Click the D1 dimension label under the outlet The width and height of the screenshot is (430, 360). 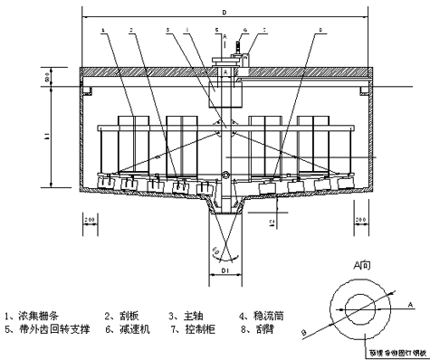pyautogui.click(x=220, y=270)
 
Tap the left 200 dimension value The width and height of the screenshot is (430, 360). pyautogui.click(x=90, y=220)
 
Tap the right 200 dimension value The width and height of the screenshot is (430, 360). pyautogui.click(x=360, y=220)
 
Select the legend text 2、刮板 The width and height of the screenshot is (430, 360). pyautogui.click(x=124, y=315)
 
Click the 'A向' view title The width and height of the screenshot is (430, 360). pyautogui.click(x=361, y=267)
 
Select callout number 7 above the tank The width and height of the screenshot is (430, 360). pyautogui.click(x=264, y=32)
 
